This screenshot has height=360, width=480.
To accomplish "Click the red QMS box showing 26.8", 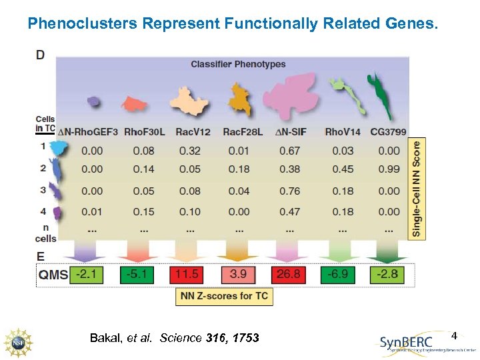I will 289,275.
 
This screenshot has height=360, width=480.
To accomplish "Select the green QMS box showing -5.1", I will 137,275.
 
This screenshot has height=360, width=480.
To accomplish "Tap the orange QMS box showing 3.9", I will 238,275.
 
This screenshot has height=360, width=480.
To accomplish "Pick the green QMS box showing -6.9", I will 337,275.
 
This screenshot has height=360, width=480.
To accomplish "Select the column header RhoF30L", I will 143,132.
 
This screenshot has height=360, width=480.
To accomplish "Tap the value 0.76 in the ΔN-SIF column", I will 289,191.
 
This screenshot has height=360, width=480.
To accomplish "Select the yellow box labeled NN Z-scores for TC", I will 224,296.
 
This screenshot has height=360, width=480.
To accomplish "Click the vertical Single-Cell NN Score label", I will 417,189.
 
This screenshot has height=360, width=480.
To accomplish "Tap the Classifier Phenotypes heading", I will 238,65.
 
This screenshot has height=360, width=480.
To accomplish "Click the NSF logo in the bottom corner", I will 18,341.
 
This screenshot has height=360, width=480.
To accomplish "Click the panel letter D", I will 41,55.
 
